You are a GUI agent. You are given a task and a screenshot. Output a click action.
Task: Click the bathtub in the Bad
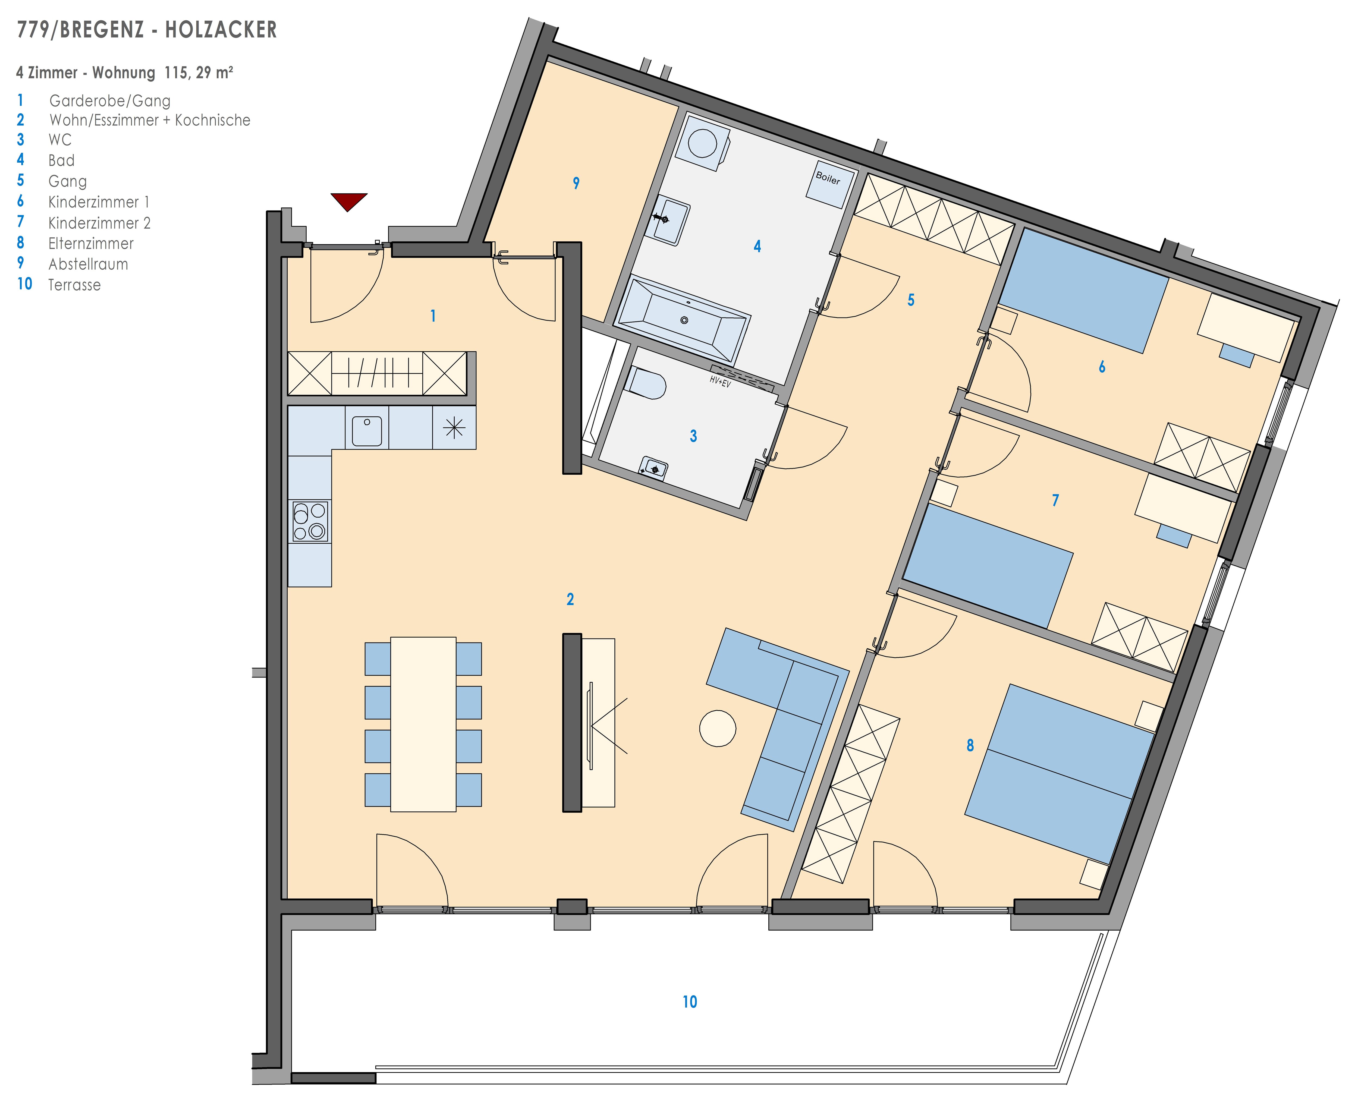pos(683,318)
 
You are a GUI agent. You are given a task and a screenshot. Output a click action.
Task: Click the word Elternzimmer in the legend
pos(91,243)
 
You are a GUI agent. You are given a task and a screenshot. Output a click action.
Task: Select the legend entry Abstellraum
pos(88,264)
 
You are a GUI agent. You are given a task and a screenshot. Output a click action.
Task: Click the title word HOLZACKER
pos(221,30)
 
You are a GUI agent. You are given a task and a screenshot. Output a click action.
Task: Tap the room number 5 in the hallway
pos(911,300)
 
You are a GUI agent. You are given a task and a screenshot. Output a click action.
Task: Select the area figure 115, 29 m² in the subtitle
pos(199,73)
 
